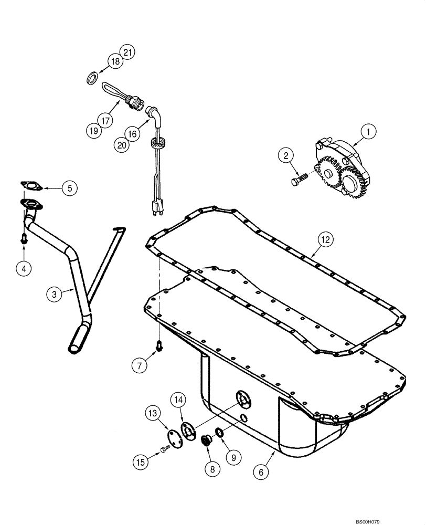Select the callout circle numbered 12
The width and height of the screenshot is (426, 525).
(325, 240)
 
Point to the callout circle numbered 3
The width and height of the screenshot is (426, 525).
(54, 295)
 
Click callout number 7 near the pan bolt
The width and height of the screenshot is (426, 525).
(139, 366)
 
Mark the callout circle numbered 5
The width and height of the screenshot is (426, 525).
(69, 188)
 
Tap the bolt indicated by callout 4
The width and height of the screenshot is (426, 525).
(23, 239)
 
